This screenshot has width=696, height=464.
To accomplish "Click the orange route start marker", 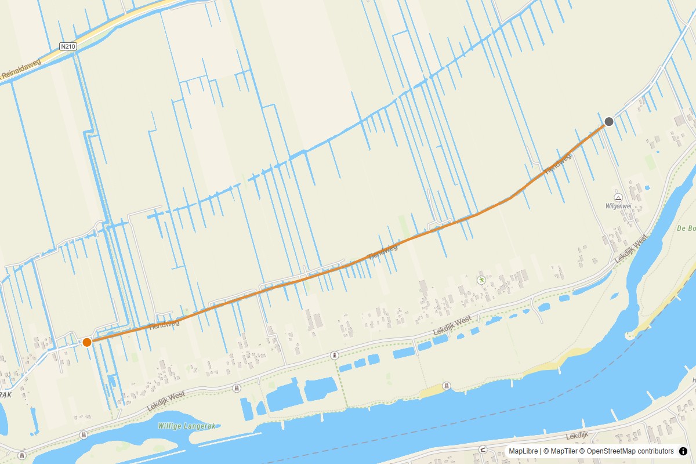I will tap(87, 342).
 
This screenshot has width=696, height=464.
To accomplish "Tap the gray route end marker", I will tap(609, 121).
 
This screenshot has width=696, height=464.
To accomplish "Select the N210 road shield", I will tap(67, 45).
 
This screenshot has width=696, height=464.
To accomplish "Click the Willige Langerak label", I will tap(186, 426).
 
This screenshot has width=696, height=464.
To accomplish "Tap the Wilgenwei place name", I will tap(618, 206).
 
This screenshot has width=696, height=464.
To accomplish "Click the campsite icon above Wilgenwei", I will tap(618, 198).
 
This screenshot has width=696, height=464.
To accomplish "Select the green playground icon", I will tap(481, 280).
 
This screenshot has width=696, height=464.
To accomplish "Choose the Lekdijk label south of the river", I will tap(577, 435).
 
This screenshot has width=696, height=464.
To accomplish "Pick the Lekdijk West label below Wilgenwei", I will tap(631, 248).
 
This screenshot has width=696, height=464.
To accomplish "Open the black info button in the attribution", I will tap(683, 451).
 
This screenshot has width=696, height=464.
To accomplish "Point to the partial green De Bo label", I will tap(686, 229).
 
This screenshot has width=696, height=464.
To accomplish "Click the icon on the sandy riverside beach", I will tap(446, 386).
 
